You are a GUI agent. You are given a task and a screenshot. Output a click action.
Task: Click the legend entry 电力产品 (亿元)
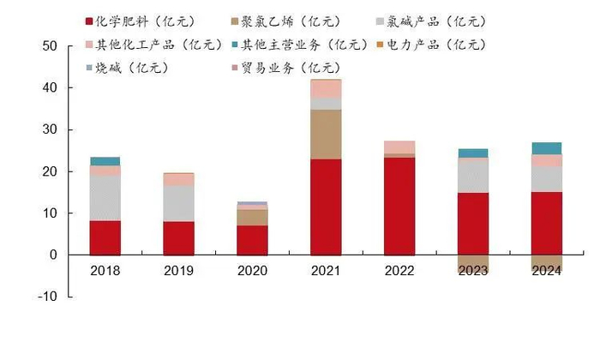[x=434, y=45]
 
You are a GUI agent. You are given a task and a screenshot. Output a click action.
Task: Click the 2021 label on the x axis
[x=326, y=271]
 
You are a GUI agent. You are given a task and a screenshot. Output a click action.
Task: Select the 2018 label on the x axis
[x=105, y=271]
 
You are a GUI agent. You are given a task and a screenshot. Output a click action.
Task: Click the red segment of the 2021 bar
[x=326, y=207]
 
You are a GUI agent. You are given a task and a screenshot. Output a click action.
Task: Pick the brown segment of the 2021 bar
[x=326, y=134]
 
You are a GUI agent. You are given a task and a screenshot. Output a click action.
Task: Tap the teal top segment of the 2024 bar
[x=546, y=148]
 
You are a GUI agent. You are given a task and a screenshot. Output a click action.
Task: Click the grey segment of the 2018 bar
[x=105, y=198]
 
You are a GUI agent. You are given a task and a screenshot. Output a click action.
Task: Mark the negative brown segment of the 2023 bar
[x=472, y=264]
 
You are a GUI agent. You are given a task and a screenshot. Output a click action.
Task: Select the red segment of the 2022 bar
[x=399, y=206]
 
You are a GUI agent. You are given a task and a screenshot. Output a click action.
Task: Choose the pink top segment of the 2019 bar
[x=179, y=179]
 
